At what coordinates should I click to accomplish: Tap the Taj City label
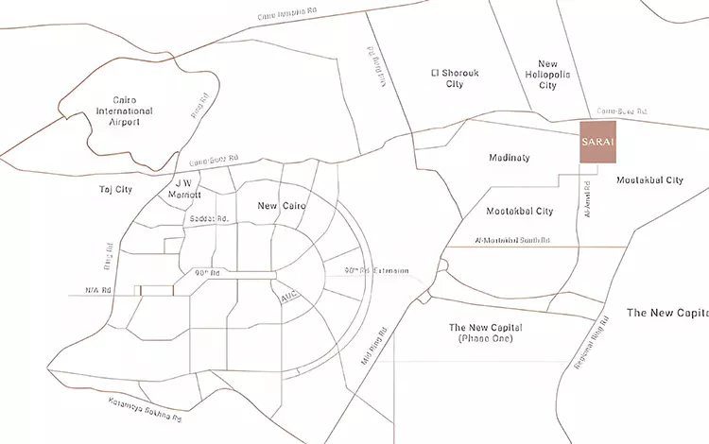click(x=115, y=190)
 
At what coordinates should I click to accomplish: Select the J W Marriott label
click(x=185, y=189)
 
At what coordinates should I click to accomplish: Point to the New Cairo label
click(x=279, y=205)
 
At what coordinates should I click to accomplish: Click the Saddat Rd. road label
click(x=210, y=219)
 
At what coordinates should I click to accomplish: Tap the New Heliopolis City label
click(x=547, y=72)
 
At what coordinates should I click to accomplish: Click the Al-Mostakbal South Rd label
click(x=514, y=240)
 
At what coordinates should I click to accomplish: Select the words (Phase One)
click(x=484, y=338)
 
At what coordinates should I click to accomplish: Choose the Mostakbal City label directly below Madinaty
click(x=519, y=211)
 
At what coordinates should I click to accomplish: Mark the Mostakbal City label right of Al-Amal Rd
click(x=648, y=179)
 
